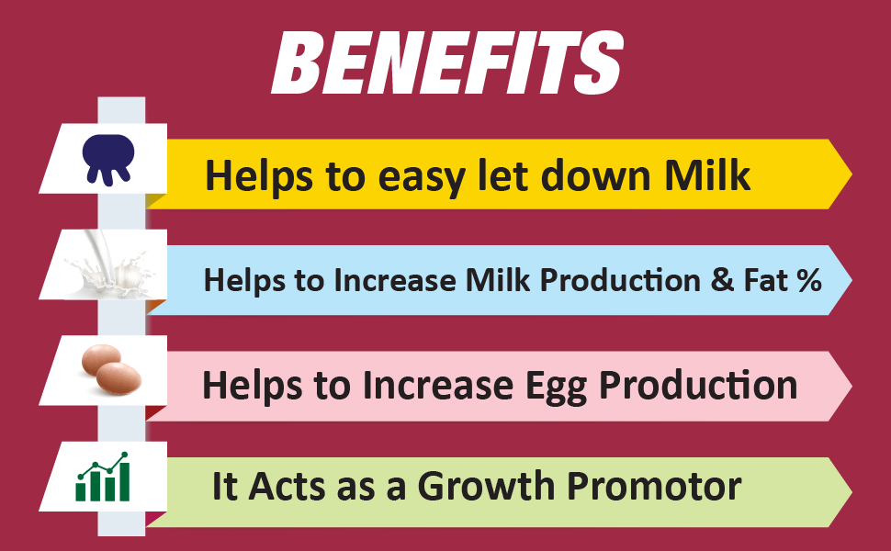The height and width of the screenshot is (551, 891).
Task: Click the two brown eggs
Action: tap(108, 368)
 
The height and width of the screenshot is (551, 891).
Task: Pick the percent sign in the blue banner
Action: tap(808, 280)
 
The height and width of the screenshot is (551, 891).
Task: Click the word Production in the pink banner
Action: tap(698, 385)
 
